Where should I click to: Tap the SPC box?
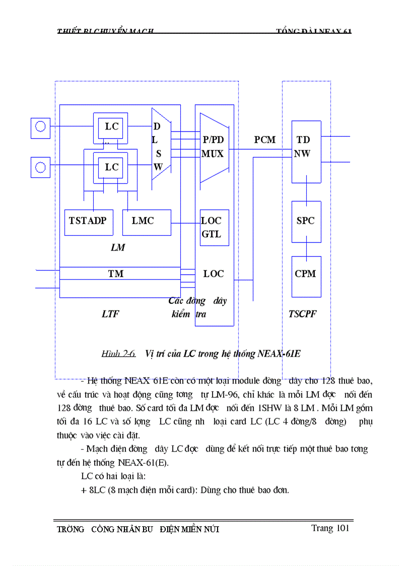pos(306,221)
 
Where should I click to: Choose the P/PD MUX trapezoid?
pos(214,147)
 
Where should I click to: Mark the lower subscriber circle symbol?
pos(40,167)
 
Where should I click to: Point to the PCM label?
pos(264,140)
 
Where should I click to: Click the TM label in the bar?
pos(116,274)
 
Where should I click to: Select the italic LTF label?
pos(110,314)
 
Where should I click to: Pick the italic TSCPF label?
pos(303,314)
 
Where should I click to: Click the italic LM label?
pos(117,247)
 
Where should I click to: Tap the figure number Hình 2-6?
pos(118,354)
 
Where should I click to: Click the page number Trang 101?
pos(330,528)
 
